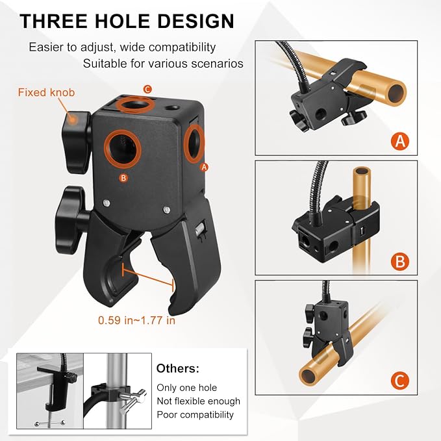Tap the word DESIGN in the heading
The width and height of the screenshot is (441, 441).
click(195, 21)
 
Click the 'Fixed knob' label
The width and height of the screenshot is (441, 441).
click(46, 92)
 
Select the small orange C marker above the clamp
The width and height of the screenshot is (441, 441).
click(147, 90)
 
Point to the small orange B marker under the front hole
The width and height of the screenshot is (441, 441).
click(123, 178)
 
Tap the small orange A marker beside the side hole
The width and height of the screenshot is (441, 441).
click(204, 167)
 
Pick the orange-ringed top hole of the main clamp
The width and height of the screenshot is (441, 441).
click(136, 105)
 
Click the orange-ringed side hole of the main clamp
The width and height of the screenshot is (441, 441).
click(194, 144)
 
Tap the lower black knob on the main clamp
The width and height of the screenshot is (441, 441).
click(70, 220)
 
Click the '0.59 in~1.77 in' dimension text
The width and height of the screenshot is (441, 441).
click(136, 320)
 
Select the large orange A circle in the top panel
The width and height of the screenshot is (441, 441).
click(400, 140)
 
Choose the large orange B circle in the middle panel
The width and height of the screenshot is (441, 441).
click(400, 261)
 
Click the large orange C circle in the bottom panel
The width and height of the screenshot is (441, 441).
click(400, 381)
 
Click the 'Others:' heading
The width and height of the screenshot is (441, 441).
click(178, 368)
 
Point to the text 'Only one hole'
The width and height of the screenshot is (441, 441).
click(187, 388)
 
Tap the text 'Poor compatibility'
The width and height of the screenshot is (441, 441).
click(195, 415)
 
